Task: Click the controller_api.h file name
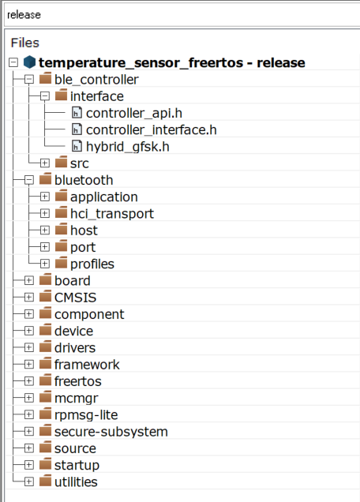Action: click(134, 113)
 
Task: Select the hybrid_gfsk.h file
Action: click(127, 147)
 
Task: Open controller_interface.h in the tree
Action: click(151, 129)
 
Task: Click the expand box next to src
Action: click(45, 163)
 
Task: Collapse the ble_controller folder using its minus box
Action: click(29, 80)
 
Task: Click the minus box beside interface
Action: click(45, 96)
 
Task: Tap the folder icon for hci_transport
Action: click(61, 213)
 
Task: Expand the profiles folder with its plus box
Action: click(45, 264)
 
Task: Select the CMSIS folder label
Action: click(75, 298)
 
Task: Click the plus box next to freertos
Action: click(29, 381)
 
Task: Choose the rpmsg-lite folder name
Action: click(86, 415)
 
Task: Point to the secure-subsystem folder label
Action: click(111, 432)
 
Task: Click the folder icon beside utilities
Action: click(46, 481)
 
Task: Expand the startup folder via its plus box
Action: click(29, 465)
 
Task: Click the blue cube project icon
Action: click(29, 62)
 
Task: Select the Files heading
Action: click(25, 43)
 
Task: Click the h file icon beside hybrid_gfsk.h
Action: click(77, 146)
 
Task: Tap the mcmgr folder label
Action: click(77, 399)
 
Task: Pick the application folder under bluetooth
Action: click(104, 197)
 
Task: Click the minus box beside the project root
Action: click(13, 62)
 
